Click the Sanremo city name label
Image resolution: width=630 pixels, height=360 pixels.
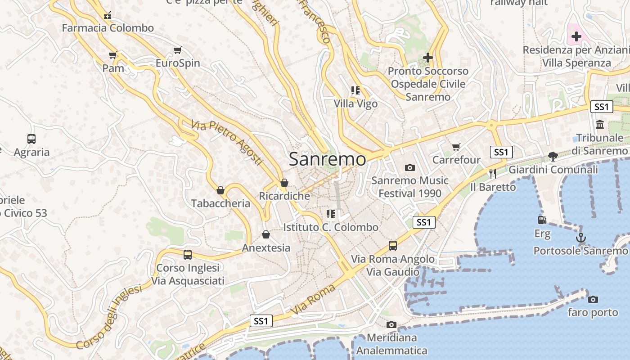point(327,159)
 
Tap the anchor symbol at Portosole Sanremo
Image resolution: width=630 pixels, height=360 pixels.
point(581,238)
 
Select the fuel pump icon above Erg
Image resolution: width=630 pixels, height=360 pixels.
point(542,220)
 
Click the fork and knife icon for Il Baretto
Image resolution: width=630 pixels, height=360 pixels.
point(493,173)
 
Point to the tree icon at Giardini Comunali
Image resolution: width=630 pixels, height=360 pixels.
point(553,157)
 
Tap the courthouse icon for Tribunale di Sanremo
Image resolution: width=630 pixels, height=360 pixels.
point(600,124)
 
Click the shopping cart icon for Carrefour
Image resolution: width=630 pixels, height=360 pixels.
point(456,147)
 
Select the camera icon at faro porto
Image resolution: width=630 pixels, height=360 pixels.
point(593,299)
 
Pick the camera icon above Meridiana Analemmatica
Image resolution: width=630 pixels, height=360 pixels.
point(391,324)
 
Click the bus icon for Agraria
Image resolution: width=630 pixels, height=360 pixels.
point(31,139)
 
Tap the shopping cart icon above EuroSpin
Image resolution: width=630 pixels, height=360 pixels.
point(178,50)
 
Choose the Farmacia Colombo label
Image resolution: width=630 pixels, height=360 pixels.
point(108,28)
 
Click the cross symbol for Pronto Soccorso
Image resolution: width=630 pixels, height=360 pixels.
point(428,58)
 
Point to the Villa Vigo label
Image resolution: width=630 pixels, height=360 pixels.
point(355,103)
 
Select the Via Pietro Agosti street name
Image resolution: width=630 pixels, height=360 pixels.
point(226,141)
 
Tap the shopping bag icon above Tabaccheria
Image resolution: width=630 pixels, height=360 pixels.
point(220,190)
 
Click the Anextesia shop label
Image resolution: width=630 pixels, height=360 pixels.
point(266,248)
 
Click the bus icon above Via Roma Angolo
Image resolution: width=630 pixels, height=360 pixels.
point(393,246)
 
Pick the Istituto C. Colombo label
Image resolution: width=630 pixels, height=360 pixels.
point(331,227)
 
